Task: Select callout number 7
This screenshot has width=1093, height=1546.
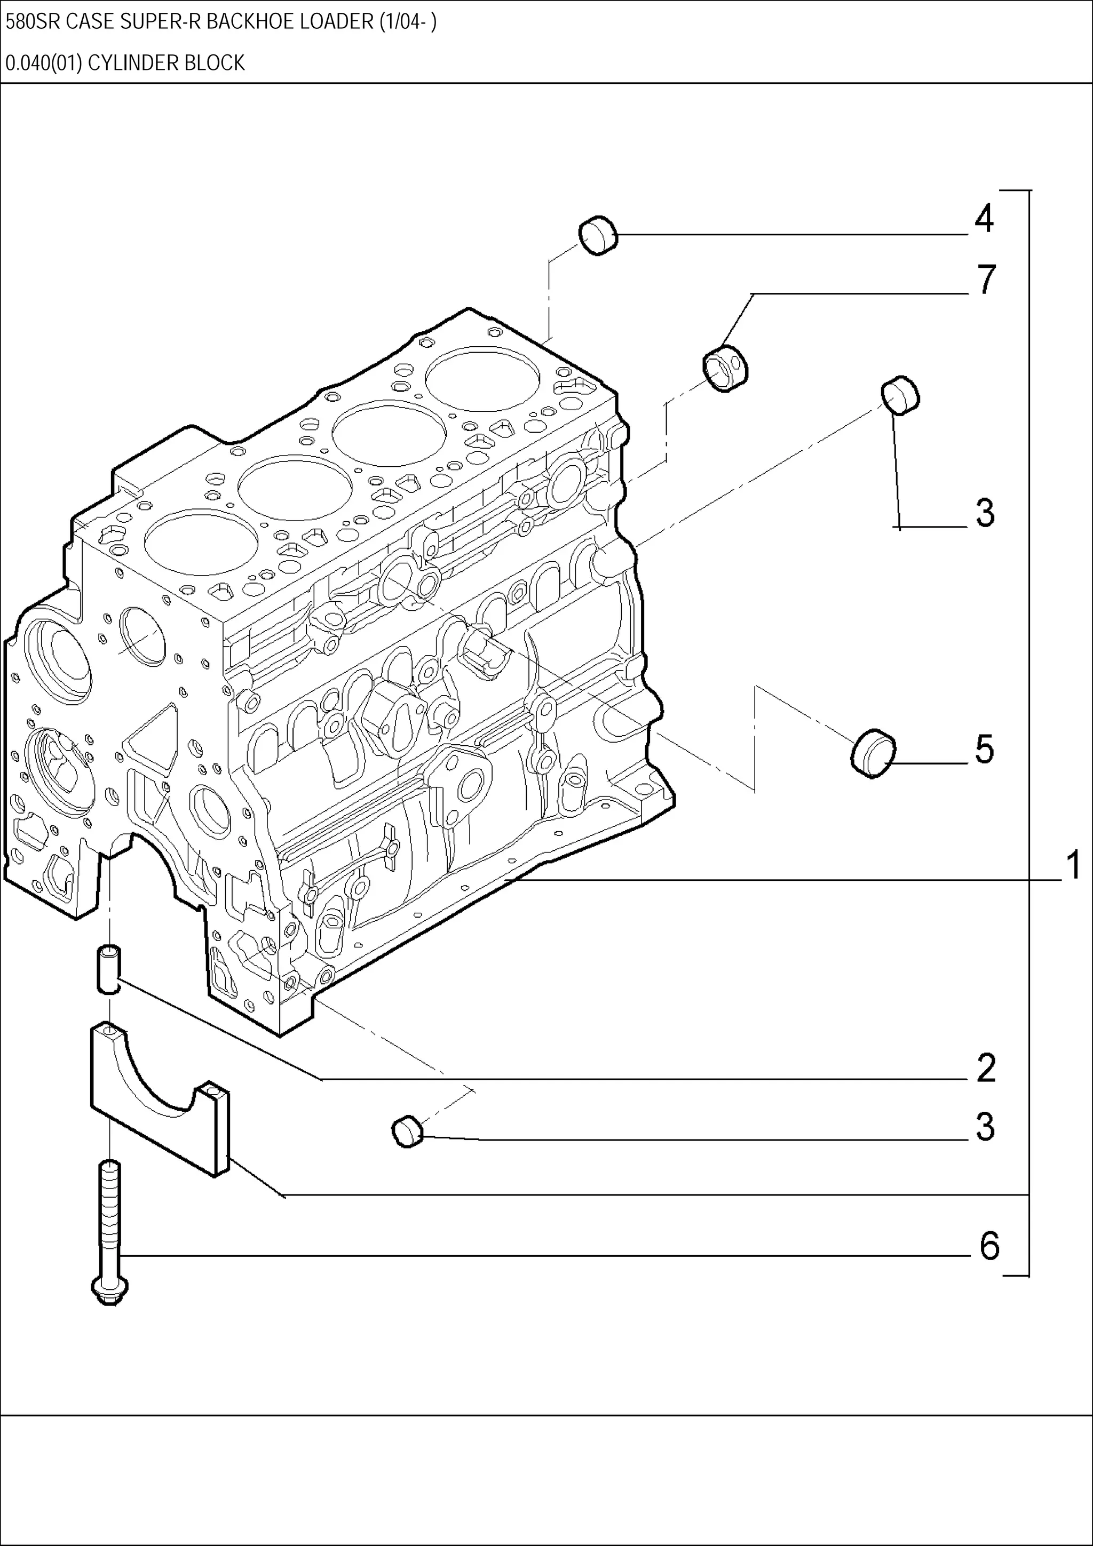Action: click(x=986, y=280)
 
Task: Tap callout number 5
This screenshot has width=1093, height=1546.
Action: click(x=984, y=750)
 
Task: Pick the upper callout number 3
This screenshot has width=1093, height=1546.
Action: click(x=985, y=513)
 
